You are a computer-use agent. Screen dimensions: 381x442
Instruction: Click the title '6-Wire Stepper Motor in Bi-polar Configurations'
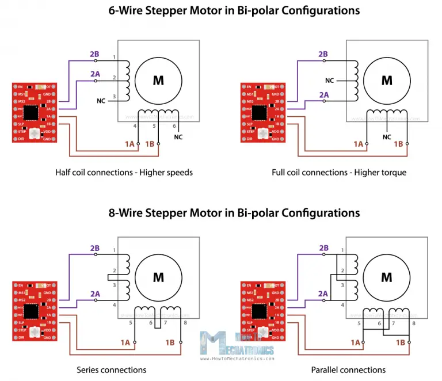click(234, 10)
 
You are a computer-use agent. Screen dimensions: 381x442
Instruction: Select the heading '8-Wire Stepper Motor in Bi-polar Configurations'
click(234, 212)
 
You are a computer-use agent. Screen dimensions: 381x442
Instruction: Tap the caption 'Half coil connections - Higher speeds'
click(124, 172)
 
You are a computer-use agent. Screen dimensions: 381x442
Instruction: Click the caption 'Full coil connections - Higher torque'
click(339, 172)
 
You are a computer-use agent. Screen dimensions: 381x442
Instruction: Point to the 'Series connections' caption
click(112, 369)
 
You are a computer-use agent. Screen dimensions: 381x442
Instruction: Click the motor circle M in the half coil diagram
click(158, 81)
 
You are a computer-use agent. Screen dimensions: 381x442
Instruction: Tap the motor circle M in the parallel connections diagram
click(387, 278)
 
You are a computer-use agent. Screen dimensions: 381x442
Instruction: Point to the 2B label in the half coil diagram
click(95, 54)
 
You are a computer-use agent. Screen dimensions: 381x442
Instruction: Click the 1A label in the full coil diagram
click(359, 144)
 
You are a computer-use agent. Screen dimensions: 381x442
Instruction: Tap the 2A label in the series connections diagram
click(95, 294)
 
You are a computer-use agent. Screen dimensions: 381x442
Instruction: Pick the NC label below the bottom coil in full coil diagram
click(387, 137)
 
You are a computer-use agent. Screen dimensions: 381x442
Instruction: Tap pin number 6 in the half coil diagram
click(174, 125)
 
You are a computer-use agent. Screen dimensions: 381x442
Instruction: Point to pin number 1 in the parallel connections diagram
click(344, 250)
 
